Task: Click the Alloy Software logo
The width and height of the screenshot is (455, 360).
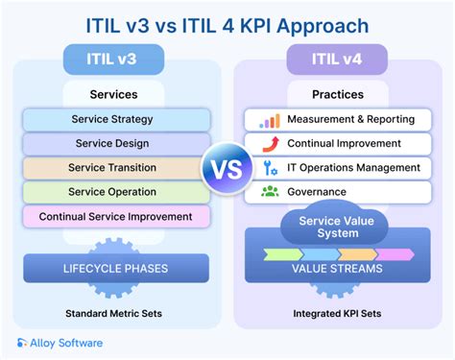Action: tap(60, 342)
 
